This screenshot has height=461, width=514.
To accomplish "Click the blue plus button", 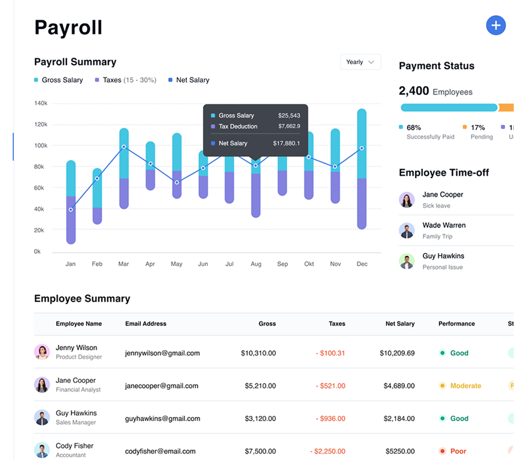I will pyautogui.click(x=495, y=25).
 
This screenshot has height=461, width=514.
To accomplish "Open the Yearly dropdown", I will pyautogui.click(x=361, y=62).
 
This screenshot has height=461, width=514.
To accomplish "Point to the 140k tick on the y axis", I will pyautogui.click(x=41, y=103).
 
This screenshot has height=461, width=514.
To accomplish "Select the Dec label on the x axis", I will pyautogui.click(x=362, y=264).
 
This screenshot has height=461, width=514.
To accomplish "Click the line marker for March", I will pyautogui.click(x=124, y=147).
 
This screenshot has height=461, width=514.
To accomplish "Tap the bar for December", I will pyautogui.click(x=362, y=169).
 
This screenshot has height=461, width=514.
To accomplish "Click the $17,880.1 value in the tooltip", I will pyautogui.click(x=286, y=143).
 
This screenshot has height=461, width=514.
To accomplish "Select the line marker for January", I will pyautogui.click(x=71, y=210).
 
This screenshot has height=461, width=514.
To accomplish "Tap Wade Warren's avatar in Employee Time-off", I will pyautogui.click(x=407, y=230).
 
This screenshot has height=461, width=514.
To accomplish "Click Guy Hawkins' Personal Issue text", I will pyautogui.click(x=442, y=267).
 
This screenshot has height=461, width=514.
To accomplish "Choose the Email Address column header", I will pyautogui.click(x=145, y=323).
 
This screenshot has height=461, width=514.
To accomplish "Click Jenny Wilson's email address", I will pyautogui.click(x=162, y=353).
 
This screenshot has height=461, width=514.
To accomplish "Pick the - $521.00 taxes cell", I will pyautogui.click(x=330, y=386).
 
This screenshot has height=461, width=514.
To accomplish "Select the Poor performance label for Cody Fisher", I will pyautogui.click(x=458, y=451).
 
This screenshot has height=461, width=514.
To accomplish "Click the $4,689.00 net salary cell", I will pyautogui.click(x=398, y=386).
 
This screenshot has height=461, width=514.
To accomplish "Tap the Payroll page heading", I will pyautogui.click(x=68, y=27).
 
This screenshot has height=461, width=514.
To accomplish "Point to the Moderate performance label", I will pyautogui.click(x=465, y=386).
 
